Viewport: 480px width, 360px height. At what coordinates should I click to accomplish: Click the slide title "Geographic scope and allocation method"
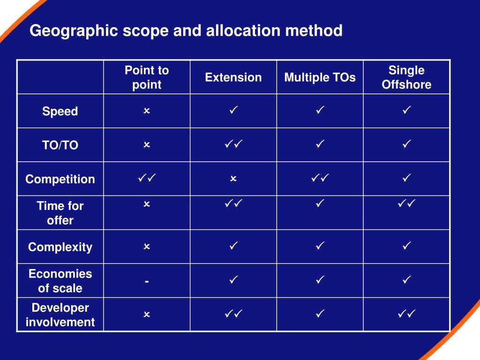186,31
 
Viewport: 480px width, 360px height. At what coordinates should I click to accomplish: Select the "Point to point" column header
147,77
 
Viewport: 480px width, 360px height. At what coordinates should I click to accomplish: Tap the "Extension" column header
233,77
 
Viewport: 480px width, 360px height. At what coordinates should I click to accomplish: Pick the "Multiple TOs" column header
320,77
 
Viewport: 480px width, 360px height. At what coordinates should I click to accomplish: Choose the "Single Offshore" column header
406,77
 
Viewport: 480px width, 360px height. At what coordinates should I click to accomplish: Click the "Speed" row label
60,112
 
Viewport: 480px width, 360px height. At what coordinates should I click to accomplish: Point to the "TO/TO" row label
60,145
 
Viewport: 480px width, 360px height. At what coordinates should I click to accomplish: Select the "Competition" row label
60,179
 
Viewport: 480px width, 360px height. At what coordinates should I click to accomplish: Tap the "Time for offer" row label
60,213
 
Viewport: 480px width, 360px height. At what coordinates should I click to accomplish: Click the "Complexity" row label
60,247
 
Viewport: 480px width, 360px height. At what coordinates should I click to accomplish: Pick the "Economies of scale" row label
60,281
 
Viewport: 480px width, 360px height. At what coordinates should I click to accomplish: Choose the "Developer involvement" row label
60,315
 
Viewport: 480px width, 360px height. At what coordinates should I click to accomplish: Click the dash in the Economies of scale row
147,281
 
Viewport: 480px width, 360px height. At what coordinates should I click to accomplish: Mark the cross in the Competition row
233,179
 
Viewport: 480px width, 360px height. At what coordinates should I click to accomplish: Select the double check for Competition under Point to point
147,178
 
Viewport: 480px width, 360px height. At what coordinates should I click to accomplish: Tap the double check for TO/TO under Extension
233,144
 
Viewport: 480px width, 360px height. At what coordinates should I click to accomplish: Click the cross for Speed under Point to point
147,111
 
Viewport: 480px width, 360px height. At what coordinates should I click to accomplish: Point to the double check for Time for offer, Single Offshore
406,203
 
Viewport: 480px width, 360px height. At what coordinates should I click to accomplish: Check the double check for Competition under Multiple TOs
320,178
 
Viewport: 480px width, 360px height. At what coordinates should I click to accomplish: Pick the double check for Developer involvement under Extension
233,314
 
